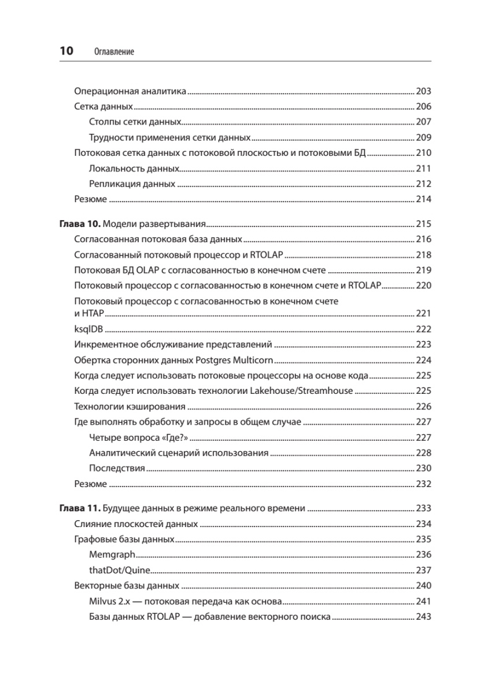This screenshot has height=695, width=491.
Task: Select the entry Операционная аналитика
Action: pos(129,92)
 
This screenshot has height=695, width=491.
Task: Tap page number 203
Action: pos(424,92)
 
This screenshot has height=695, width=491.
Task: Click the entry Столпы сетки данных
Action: pos(135,122)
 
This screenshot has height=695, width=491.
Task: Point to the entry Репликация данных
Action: pos(132,184)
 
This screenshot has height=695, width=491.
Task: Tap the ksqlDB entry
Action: pos(89,329)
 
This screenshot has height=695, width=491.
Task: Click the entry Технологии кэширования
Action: pos(130,406)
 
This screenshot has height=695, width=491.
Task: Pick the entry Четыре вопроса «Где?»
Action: pos(140,437)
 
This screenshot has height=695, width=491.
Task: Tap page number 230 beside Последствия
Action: pos(424,469)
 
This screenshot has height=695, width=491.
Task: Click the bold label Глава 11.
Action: pos(80,509)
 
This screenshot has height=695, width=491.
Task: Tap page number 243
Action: pos(424,617)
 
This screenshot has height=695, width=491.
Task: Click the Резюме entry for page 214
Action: pos(91,199)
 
